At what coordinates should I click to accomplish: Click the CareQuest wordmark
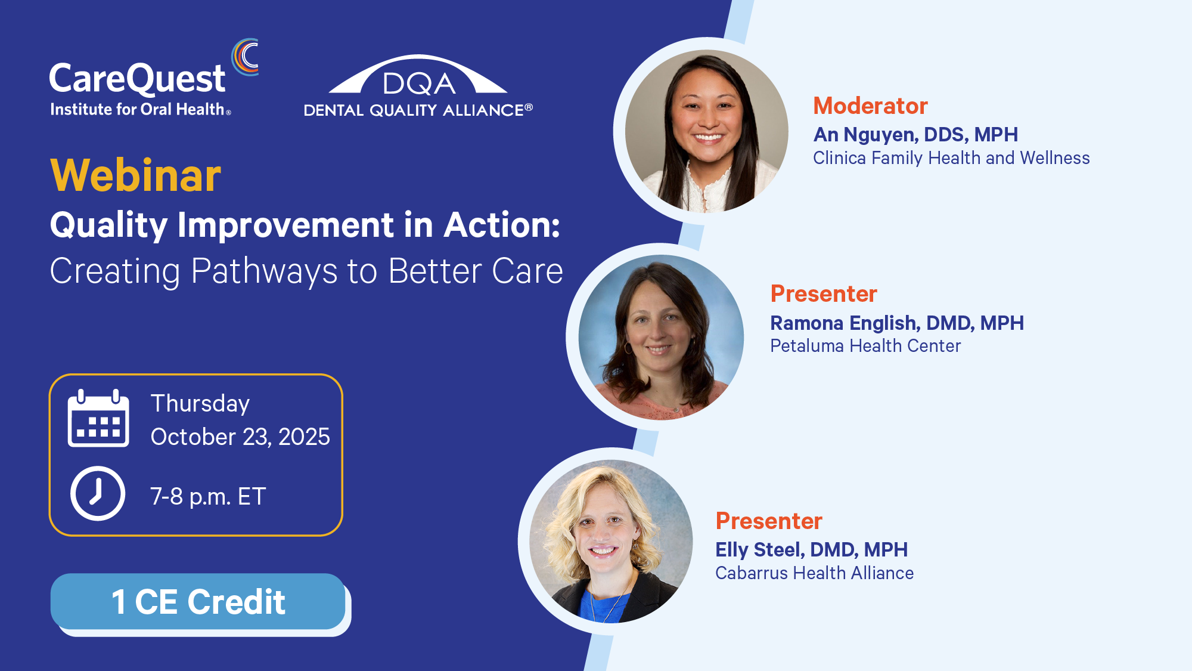[137, 79]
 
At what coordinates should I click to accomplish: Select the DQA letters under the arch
[419, 84]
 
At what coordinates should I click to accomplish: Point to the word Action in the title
[502, 225]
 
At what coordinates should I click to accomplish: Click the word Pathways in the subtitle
[264, 271]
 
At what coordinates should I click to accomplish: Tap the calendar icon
[98, 418]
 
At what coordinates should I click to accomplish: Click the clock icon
[98, 493]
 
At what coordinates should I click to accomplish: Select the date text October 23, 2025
[240, 437]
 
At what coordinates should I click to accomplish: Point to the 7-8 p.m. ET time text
[208, 496]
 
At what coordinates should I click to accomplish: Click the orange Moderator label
[870, 106]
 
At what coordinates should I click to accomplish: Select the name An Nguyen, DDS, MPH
[915, 135]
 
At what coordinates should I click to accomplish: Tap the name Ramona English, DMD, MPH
[897, 323]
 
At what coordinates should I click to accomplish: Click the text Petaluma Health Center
[865, 346]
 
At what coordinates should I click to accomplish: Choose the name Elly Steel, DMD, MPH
[811, 550]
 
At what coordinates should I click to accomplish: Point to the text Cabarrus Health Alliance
[814, 573]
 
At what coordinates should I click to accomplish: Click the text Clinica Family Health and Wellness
[951, 158]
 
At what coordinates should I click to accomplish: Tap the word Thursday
[200, 404]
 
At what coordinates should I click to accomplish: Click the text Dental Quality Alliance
[418, 110]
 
